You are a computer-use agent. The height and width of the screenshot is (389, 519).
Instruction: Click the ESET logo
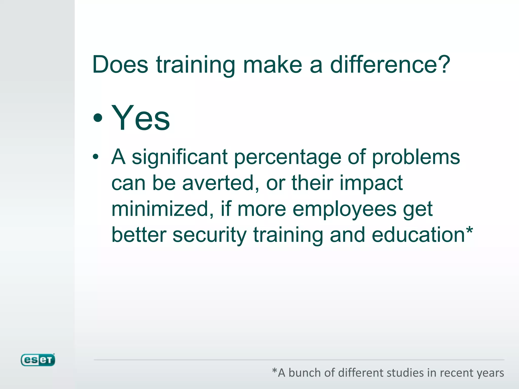pyautogui.click(x=38, y=360)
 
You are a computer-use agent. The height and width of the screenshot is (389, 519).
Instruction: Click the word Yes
pyautogui.click(x=141, y=118)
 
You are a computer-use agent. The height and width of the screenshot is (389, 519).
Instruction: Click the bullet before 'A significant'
pyautogui.click(x=96, y=157)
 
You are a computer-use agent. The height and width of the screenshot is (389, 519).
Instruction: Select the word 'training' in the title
pyautogui.click(x=195, y=65)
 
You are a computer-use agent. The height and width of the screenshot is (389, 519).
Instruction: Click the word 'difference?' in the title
pyautogui.click(x=390, y=65)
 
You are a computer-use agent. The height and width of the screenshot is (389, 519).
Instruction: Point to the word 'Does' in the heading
pyautogui.click(x=120, y=65)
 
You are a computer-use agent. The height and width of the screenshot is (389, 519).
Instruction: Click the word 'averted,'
pyautogui.click(x=221, y=183)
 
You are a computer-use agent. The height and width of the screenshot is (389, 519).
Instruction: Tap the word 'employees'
pyautogui.click(x=344, y=210)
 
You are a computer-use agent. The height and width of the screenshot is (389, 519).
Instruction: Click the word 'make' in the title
pyautogui.click(x=272, y=65)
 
